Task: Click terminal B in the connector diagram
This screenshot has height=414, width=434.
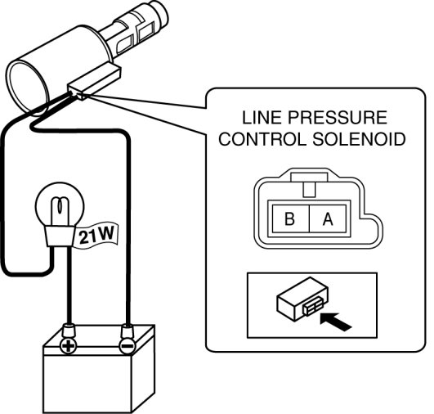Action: click(291, 218)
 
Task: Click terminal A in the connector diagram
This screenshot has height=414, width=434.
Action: click(328, 218)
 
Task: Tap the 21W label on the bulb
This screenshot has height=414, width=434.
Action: click(96, 235)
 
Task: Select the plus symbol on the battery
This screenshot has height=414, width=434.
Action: click(68, 345)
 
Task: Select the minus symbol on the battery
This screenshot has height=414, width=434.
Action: click(127, 346)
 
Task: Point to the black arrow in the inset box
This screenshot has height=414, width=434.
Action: click(335, 322)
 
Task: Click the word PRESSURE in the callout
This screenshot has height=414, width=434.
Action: click(338, 118)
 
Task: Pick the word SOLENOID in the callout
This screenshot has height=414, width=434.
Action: click(359, 139)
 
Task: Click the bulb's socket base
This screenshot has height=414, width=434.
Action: click(60, 236)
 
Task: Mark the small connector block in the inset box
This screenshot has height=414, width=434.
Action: click(302, 299)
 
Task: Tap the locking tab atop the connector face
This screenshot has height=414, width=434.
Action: click(309, 186)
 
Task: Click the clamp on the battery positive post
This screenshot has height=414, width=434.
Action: click(69, 330)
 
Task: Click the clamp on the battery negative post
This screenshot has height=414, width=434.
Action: click(128, 330)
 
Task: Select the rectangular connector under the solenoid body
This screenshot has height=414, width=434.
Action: click(95, 83)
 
